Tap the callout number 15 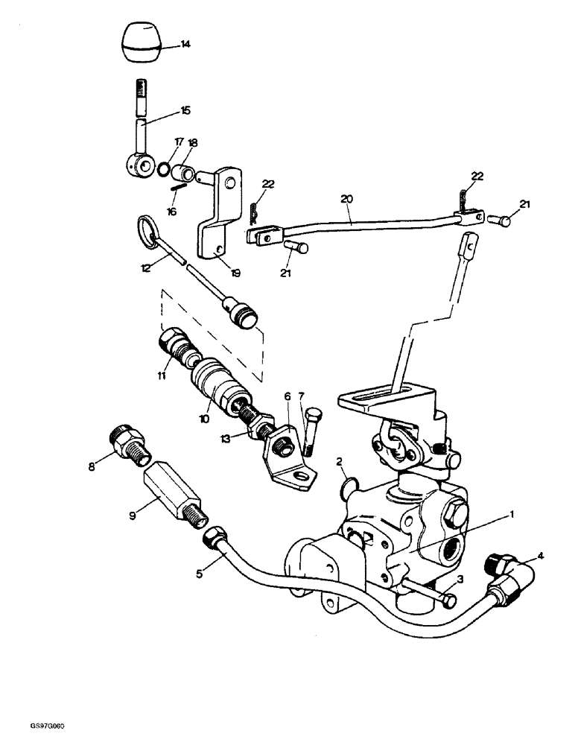(x=185, y=110)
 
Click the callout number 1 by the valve (x=512, y=513)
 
